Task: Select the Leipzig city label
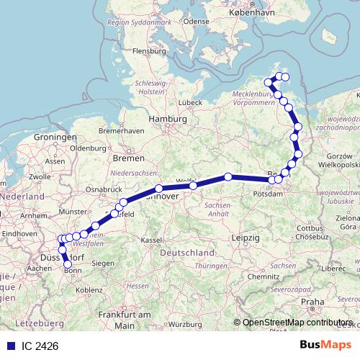(x=246, y=237)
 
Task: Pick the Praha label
(x=313, y=302)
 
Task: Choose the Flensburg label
(x=149, y=52)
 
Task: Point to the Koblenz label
(x=89, y=289)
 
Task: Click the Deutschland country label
(x=187, y=253)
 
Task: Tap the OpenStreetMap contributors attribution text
(x=297, y=323)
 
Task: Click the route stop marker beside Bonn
(x=68, y=264)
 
